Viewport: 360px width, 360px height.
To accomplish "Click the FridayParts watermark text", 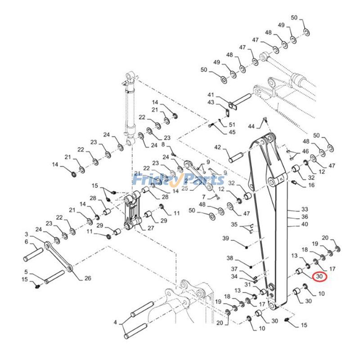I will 179,180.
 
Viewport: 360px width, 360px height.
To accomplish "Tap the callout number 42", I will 217,147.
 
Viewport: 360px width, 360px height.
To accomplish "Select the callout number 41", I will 210,95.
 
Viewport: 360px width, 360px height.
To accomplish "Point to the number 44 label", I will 251,126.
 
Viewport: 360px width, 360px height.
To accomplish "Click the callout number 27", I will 150,228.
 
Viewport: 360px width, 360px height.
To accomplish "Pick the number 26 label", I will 87,278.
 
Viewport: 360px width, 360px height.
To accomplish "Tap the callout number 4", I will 115,322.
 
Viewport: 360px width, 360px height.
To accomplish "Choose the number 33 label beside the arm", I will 305,210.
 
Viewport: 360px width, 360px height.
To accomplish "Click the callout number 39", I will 225,238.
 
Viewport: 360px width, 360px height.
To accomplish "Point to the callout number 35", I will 234,224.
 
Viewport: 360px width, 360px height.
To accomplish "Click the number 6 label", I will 26,242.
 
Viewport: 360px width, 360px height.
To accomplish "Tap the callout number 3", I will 26,234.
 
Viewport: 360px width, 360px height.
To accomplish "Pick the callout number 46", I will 306,151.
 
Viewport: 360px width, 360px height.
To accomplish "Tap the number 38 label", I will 230,258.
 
